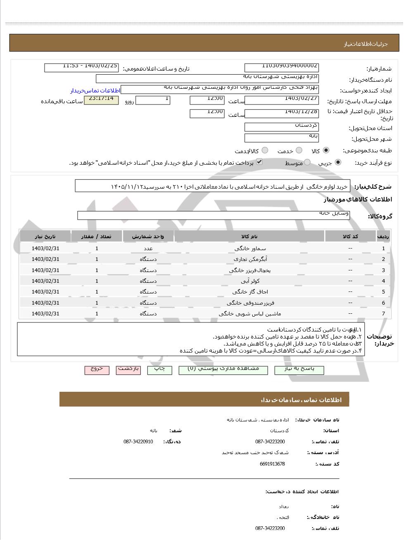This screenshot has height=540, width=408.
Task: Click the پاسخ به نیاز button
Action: (299, 369)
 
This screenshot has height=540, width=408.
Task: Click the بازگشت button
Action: (128, 369)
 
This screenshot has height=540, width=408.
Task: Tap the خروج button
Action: (97, 369)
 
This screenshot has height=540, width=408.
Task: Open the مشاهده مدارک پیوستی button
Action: (223, 369)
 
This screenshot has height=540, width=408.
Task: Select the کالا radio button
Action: (326, 151)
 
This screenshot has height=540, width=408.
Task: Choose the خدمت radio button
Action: (299, 151)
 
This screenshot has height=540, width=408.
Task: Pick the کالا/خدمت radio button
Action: (265, 151)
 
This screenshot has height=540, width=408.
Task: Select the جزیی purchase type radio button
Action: (338, 163)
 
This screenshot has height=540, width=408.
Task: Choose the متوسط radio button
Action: (307, 163)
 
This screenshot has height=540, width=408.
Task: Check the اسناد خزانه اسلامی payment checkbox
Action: (259, 162)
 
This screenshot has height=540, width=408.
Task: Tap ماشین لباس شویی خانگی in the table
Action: (250, 314)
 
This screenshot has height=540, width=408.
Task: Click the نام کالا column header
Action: (249, 236)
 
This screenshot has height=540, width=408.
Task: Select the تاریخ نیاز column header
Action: (45, 236)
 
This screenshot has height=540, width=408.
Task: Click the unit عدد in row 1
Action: (148, 249)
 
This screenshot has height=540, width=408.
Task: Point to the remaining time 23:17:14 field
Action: (101, 100)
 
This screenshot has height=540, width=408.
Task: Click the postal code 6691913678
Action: (272, 464)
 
